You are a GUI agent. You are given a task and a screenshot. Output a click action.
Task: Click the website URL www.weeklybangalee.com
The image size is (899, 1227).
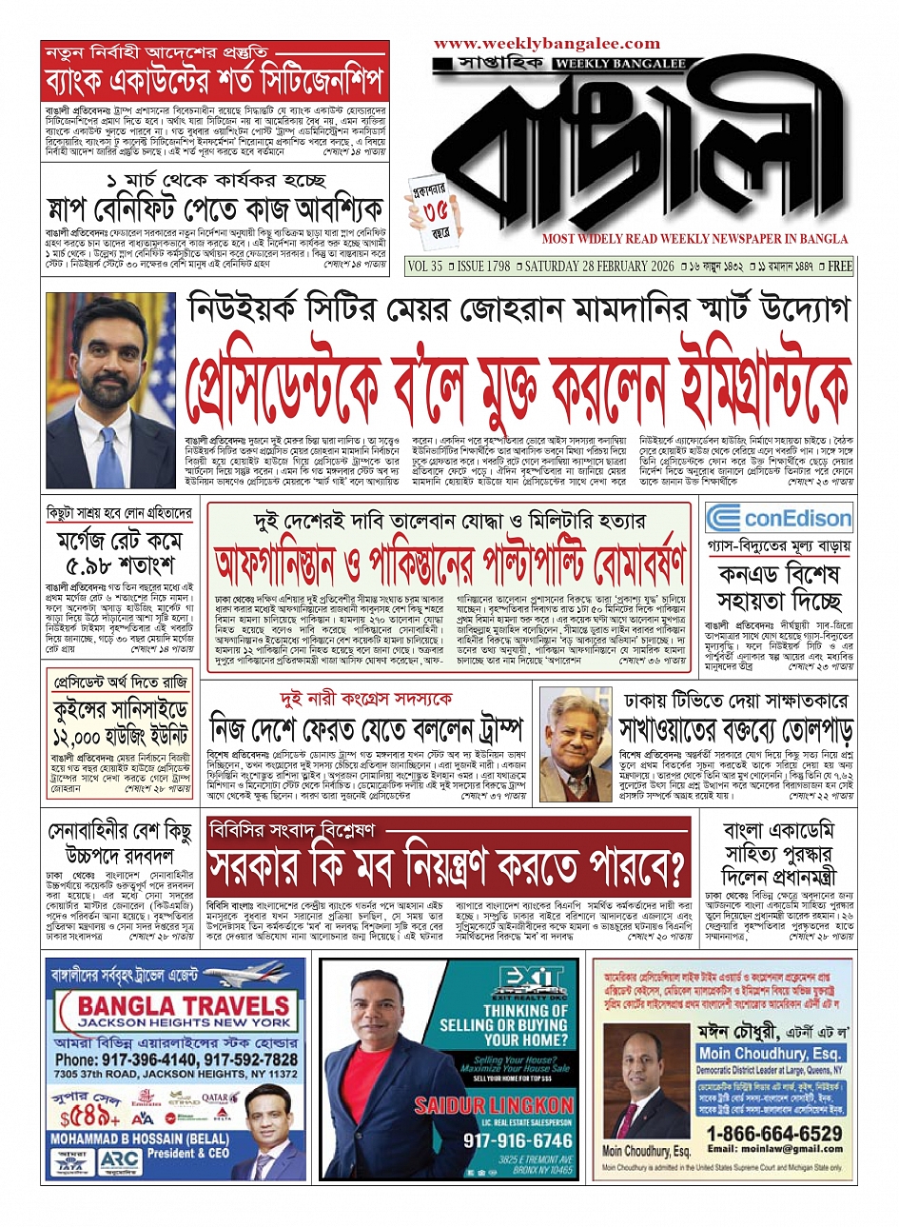pyautogui.click(x=547, y=44)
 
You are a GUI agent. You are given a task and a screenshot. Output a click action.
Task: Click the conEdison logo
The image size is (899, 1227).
pyautogui.click(x=779, y=519)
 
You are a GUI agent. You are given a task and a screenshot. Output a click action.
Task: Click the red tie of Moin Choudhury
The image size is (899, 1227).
pyautogui.click(x=633, y=1103)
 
